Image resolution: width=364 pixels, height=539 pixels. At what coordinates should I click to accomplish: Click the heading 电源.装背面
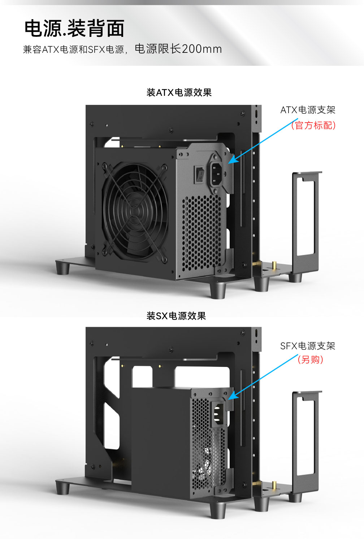[x=74, y=29]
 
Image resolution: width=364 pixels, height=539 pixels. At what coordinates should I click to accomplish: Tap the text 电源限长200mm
[x=178, y=49]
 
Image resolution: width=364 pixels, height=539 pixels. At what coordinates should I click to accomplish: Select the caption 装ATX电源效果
[x=179, y=93]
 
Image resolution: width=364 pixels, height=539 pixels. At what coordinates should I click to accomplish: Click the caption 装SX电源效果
[x=176, y=316]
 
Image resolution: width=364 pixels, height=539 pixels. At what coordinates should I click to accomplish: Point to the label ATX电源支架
[x=308, y=110]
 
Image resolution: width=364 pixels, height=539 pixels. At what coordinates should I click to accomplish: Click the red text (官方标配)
[x=313, y=125]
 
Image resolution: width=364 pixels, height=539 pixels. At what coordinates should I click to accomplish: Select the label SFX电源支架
[x=308, y=346]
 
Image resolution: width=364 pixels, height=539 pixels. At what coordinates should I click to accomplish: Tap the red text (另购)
[x=310, y=360]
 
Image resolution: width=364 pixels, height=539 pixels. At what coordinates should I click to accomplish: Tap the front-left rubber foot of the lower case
[x=62, y=487]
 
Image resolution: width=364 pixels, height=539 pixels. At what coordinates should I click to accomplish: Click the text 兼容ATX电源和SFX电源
[x=73, y=50]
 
